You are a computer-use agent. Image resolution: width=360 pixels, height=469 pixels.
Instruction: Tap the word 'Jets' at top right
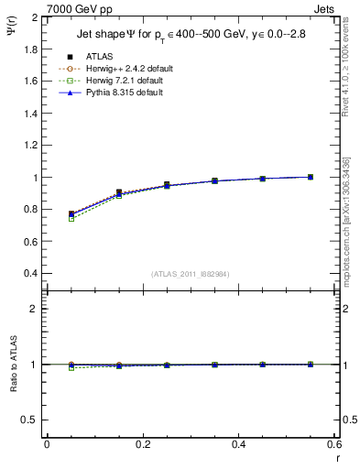click(325, 8)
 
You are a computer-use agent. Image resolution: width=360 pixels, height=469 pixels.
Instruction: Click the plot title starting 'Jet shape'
click(191, 36)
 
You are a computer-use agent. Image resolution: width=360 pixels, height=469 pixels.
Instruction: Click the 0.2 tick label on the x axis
click(143, 444)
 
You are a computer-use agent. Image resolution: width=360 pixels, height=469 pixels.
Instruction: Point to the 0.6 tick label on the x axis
click(334, 444)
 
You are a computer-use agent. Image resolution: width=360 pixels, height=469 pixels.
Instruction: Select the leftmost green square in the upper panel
click(71, 219)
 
